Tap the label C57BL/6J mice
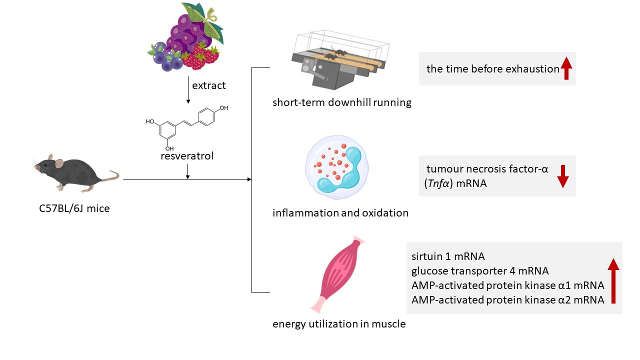pyautogui.click(x=74, y=208)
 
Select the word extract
pyautogui.click(x=209, y=85)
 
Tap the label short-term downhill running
pyautogui.click(x=342, y=103)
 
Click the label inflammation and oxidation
pyautogui.click(x=340, y=213)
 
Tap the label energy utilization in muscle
pyautogui.click(x=339, y=324)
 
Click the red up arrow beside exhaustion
pyautogui.click(x=566, y=68)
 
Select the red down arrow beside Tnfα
pyautogui.click(x=563, y=175)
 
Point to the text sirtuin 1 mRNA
pyautogui.click(x=448, y=257)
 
